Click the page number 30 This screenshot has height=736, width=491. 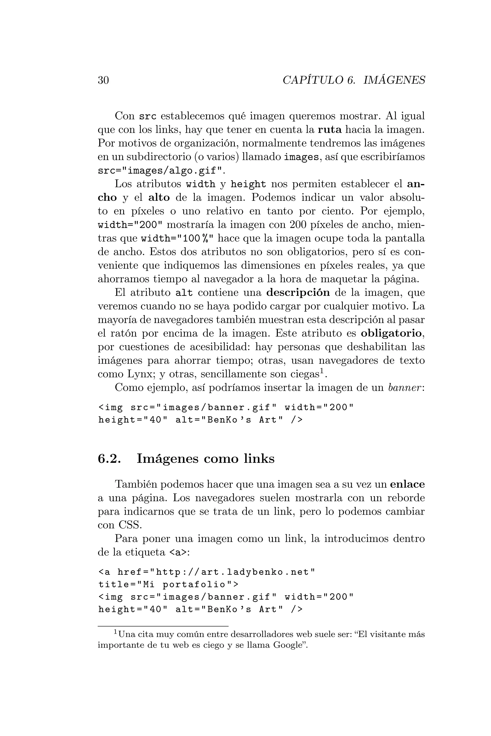click(x=103, y=80)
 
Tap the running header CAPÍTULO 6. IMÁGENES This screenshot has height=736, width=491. click(x=354, y=80)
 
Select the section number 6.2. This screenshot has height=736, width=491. click(x=109, y=459)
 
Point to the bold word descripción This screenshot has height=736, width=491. click(x=298, y=293)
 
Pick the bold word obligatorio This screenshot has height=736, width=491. click(x=391, y=333)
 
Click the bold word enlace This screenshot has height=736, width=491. click(x=407, y=484)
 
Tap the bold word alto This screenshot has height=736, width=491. click(x=159, y=198)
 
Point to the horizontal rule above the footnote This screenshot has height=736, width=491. click(x=163, y=627)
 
